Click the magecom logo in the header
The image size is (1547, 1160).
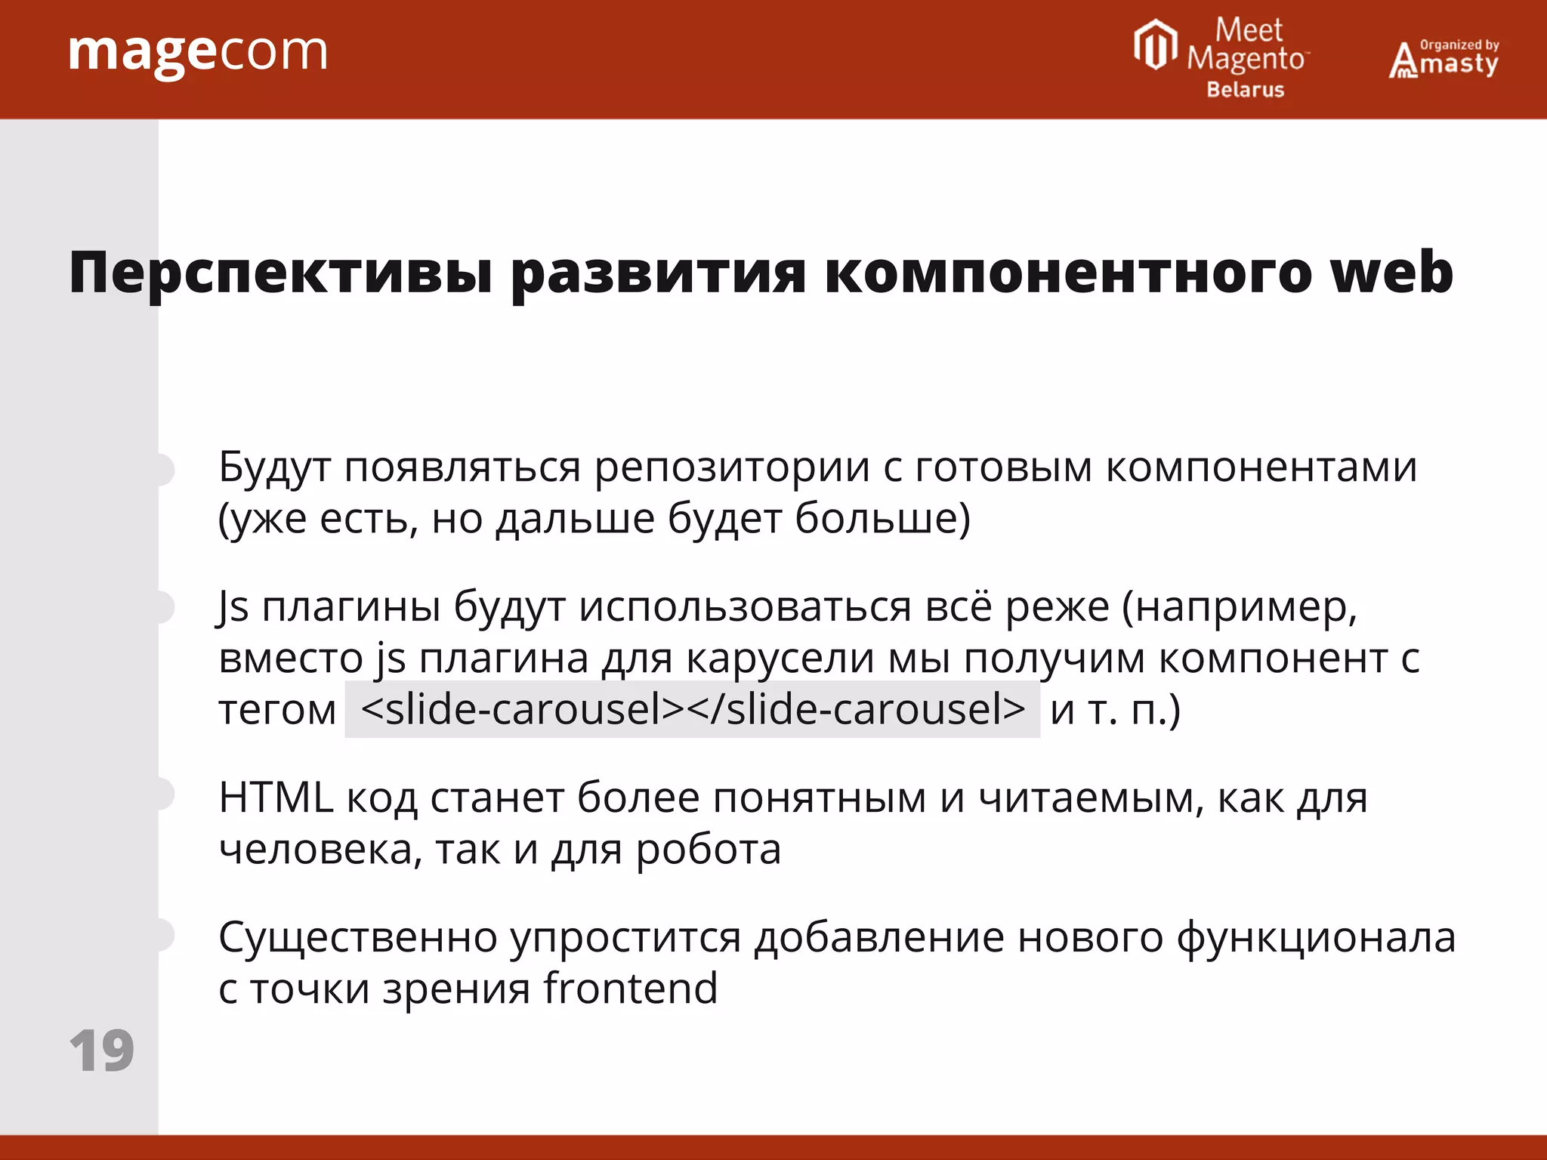pyautogui.click(x=198, y=53)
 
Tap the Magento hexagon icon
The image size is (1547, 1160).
pyautogui.click(x=1155, y=45)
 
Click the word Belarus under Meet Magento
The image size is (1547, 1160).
pyautogui.click(x=1245, y=90)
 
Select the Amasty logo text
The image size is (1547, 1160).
pyautogui.click(x=1444, y=60)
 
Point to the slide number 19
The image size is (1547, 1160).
pyautogui.click(x=101, y=1050)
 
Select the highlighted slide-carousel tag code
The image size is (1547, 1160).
pyautogui.click(x=692, y=709)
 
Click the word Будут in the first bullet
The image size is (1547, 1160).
pyautogui.click(x=274, y=467)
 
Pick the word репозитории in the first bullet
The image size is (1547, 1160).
pyautogui.click(x=732, y=467)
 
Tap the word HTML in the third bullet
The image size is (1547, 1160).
pyautogui.click(x=276, y=797)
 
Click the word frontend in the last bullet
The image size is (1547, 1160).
pyautogui.click(x=630, y=989)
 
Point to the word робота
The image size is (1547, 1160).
pyautogui.click(x=708, y=850)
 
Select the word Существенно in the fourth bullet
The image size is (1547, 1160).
pyautogui.click(x=357, y=938)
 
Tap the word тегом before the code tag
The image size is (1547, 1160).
pyautogui.click(x=277, y=711)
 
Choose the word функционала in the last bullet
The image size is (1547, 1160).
pyautogui.click(x=1315, y=938)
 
